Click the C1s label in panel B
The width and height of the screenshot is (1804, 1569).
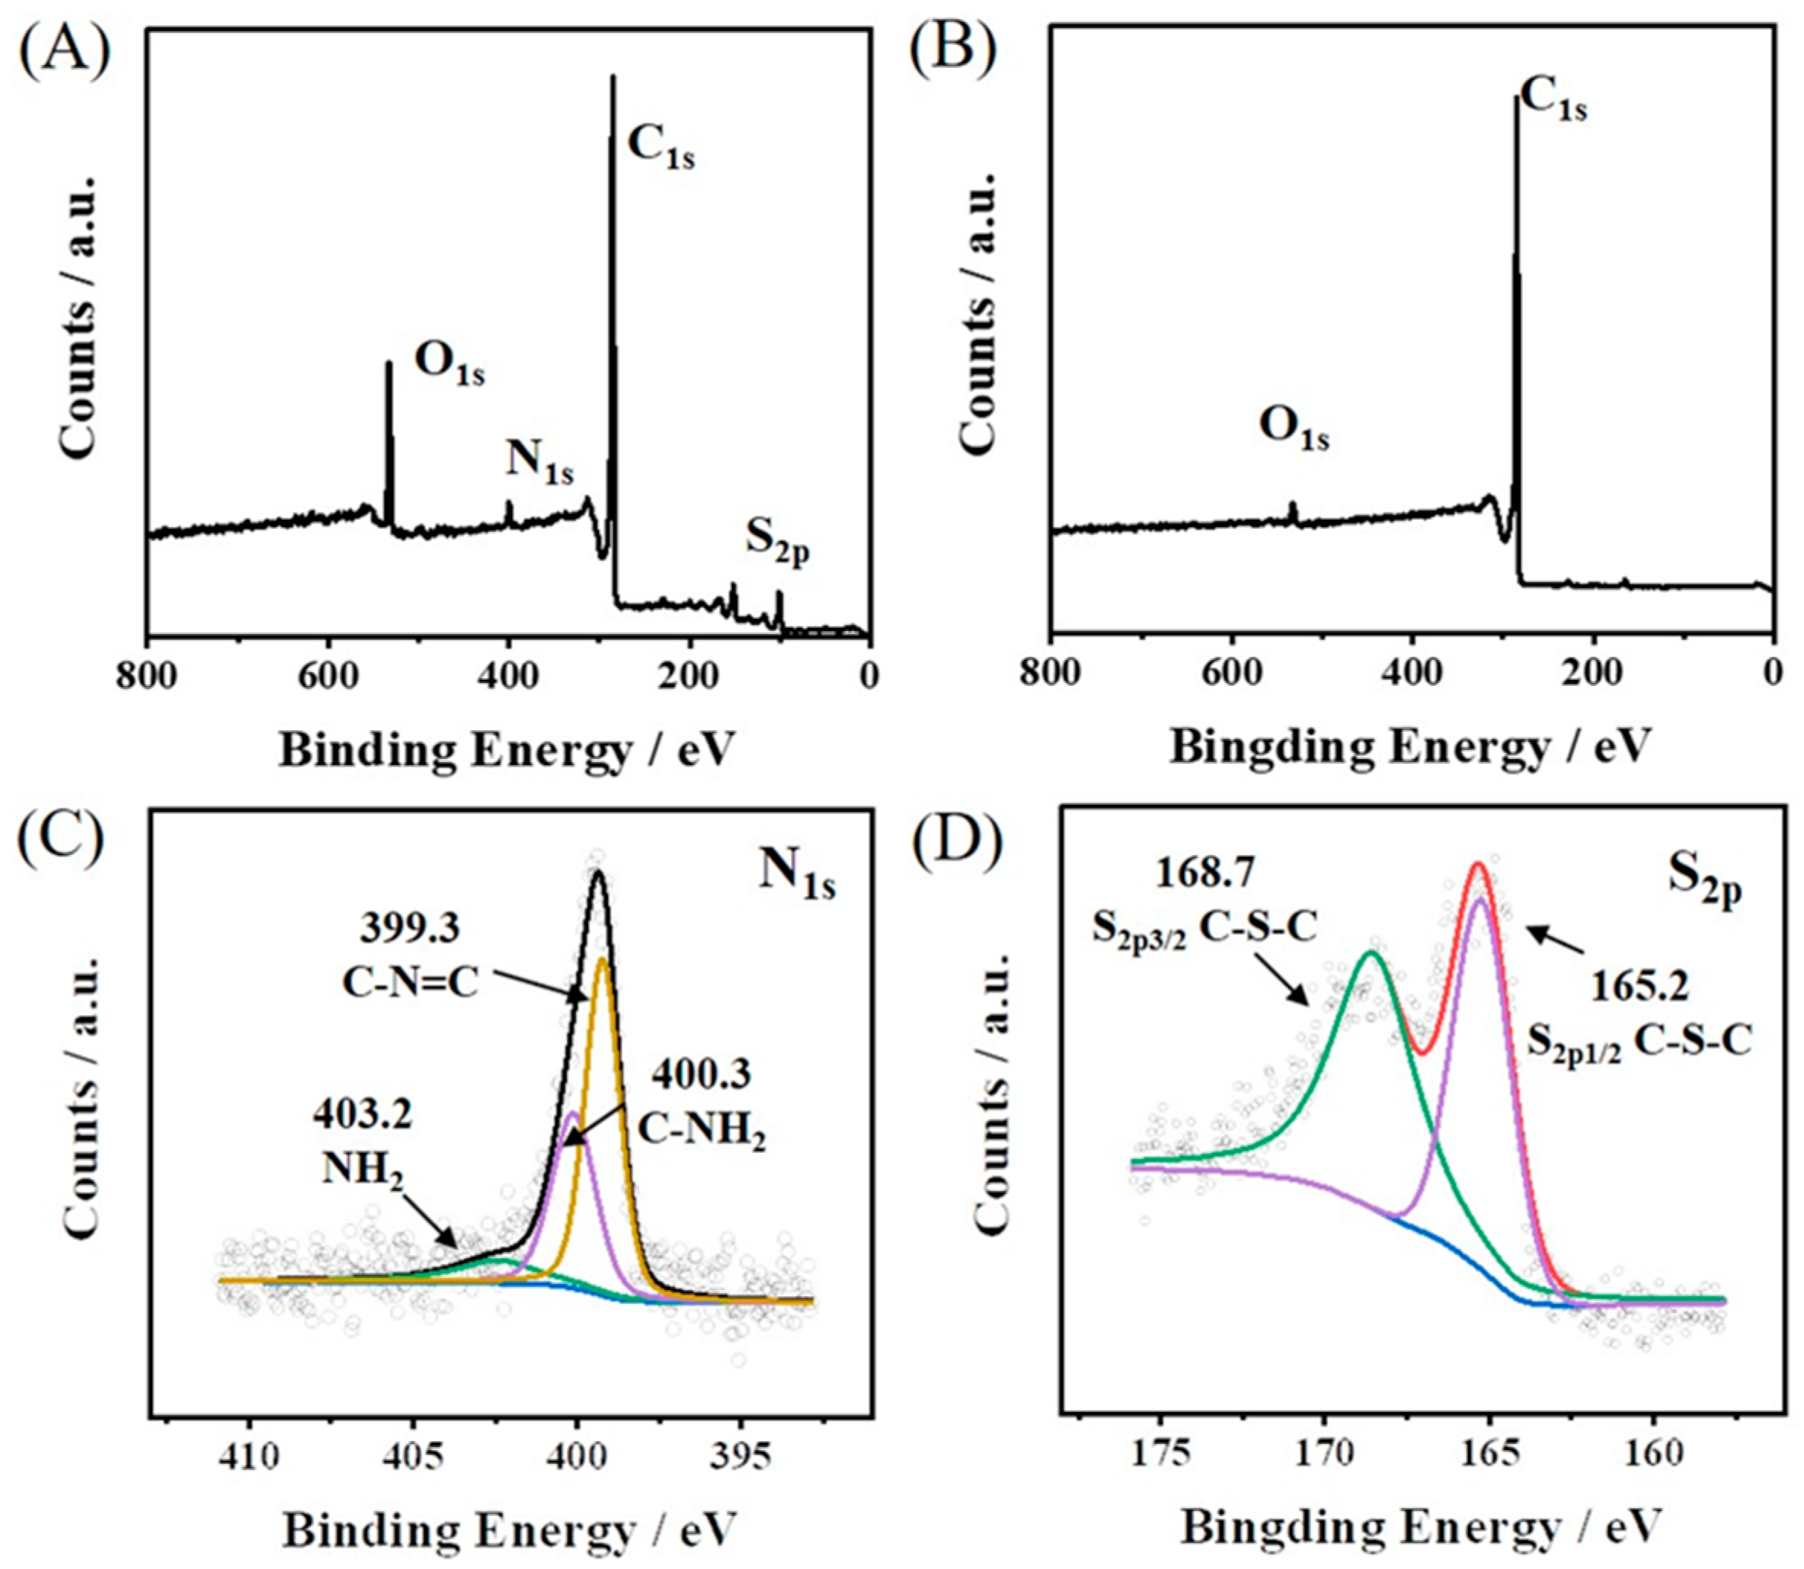point(1553,100)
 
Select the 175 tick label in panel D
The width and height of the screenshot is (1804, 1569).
point(1159,1454)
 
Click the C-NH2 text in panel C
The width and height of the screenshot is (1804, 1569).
point(701,1130)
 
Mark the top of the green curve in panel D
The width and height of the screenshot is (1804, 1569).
point(1371,953)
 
